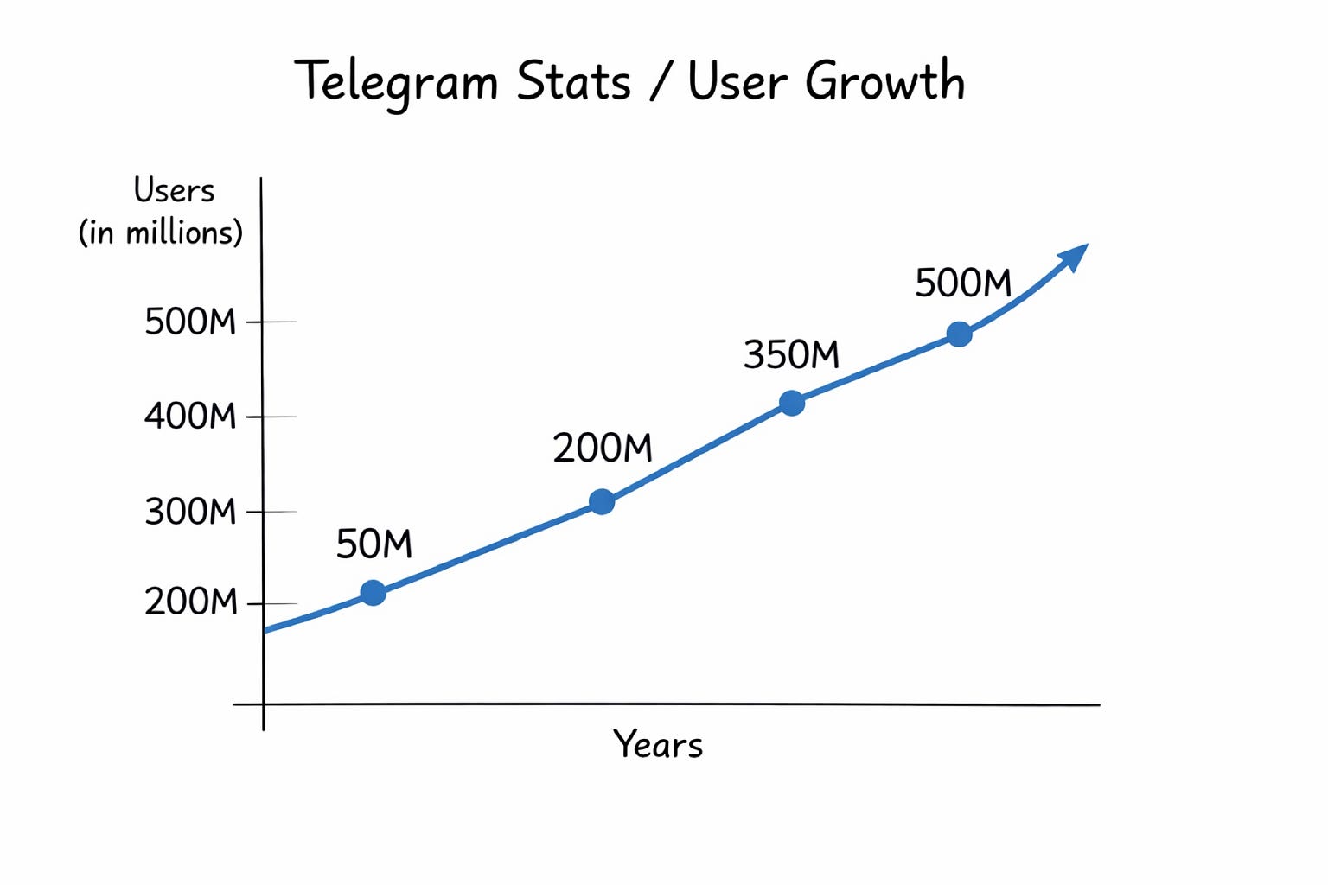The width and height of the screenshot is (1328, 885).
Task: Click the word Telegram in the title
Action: tap(396, 83)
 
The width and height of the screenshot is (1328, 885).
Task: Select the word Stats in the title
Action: tap(573, 82)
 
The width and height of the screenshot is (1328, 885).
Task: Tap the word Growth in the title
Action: tap(884, 83)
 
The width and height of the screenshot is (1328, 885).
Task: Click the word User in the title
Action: tap(737, 82)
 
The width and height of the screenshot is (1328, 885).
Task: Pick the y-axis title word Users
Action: tap(174, 190)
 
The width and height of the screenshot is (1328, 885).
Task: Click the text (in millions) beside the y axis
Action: tap(161, 232)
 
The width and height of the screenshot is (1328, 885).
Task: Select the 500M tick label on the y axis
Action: tap(190, 322)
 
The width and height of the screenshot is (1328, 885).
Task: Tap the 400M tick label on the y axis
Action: tap(190, 417)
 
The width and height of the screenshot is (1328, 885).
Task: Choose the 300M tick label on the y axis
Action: tap(190, 512)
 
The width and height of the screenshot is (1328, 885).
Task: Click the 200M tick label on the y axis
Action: tap(190, 602)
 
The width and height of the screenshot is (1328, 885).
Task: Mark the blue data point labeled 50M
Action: tap(373, 593)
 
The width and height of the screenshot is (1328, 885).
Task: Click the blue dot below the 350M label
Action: tap(792, 403)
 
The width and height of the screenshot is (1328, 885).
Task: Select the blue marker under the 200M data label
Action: tap(602, 501)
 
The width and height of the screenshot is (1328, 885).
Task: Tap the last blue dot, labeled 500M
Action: tap(959, 334)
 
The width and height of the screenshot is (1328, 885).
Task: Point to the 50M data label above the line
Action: tap(373, 544)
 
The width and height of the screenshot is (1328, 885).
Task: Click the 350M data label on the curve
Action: tap(791, 354)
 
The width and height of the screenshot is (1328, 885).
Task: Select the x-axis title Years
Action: tap(658, 744)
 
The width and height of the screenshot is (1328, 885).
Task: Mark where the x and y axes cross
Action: tap(263, 704)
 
